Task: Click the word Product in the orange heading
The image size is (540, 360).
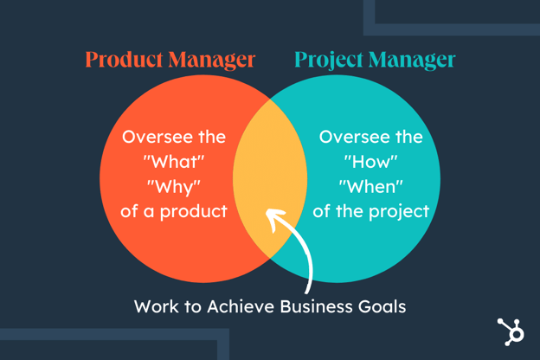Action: tap(124, 59)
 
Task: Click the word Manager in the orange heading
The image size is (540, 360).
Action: tap(212, 61)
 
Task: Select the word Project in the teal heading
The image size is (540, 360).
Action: tap(329, 61)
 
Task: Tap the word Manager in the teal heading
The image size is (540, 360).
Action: tap(412, 61)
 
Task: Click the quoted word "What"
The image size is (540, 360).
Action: tap(174, 162)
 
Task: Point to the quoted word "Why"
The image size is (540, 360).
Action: tap(174, 188)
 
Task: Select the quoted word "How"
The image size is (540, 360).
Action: tap(371, 162)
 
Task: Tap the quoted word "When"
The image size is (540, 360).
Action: tap(371, 187)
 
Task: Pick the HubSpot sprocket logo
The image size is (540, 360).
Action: tap(511, 332)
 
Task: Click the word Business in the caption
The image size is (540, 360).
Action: tap(317, 306)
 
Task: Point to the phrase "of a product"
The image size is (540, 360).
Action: tap(174, 211)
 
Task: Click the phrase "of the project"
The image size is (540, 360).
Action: tap(371, 211)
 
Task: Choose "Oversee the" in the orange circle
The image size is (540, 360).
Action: tap(174, 137)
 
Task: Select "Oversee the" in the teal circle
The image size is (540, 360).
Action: tap(371, 137)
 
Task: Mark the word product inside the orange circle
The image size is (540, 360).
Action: tap(194, 212)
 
